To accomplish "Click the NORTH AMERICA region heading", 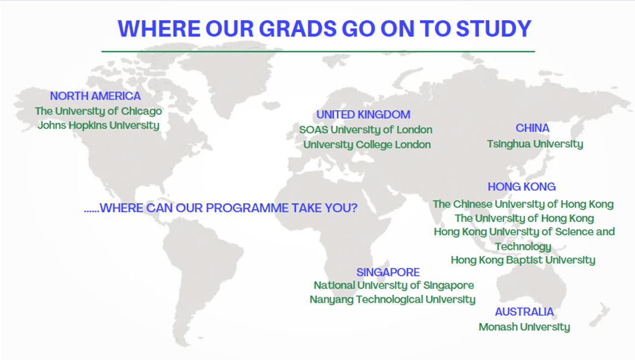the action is (x=95, y=96).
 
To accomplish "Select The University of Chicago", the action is (x=98, y=111).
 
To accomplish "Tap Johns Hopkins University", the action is (x=98, y=125).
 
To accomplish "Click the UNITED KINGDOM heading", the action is (x=363, y=114).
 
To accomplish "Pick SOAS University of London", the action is (x=366, y=130).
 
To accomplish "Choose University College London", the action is (x=367, y=145).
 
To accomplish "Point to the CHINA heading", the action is (x=533, y=128).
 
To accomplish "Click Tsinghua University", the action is (x=535, y=144).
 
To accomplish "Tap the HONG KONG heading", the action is (x=522, y=187).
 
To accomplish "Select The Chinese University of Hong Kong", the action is (x=523, y=204).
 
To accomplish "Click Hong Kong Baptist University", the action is (x=523, y=260).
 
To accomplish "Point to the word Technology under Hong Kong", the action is (x=523, y=247).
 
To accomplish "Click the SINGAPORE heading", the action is (x=388, y=272).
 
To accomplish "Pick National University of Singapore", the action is (x=394, y=285).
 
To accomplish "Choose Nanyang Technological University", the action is (x=393, y=300).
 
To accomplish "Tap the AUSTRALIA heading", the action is (x=524, y=312).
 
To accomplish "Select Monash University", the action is (x=524, y=327).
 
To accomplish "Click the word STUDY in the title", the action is (x=494, y=29).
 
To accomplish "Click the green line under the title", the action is (x=318, y=51).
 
